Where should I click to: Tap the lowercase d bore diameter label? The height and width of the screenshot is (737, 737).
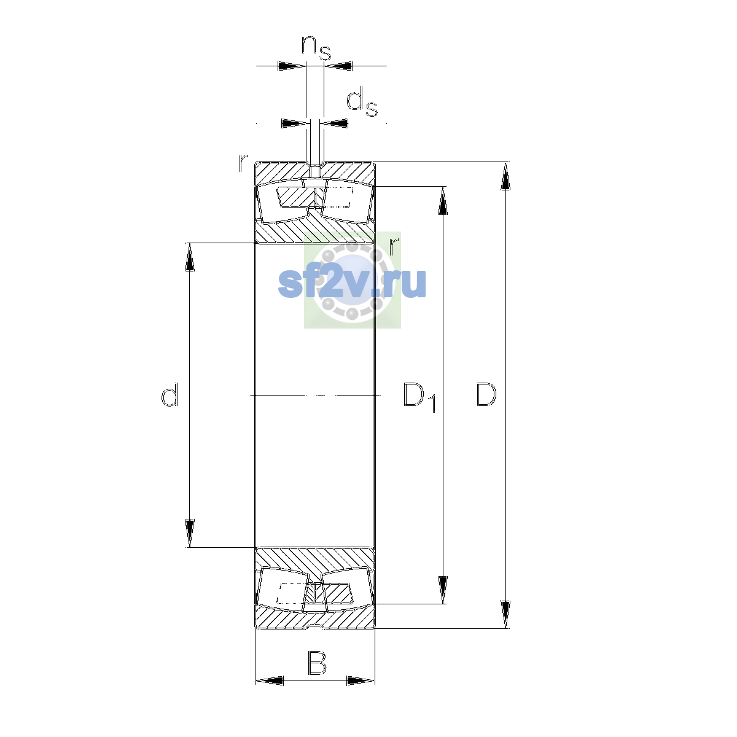170,394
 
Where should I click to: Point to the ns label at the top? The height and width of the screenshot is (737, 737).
316,48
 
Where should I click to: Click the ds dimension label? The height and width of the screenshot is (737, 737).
362,102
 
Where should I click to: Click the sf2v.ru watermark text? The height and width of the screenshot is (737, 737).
352,283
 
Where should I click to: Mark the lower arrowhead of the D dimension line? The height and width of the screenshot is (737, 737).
505,614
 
